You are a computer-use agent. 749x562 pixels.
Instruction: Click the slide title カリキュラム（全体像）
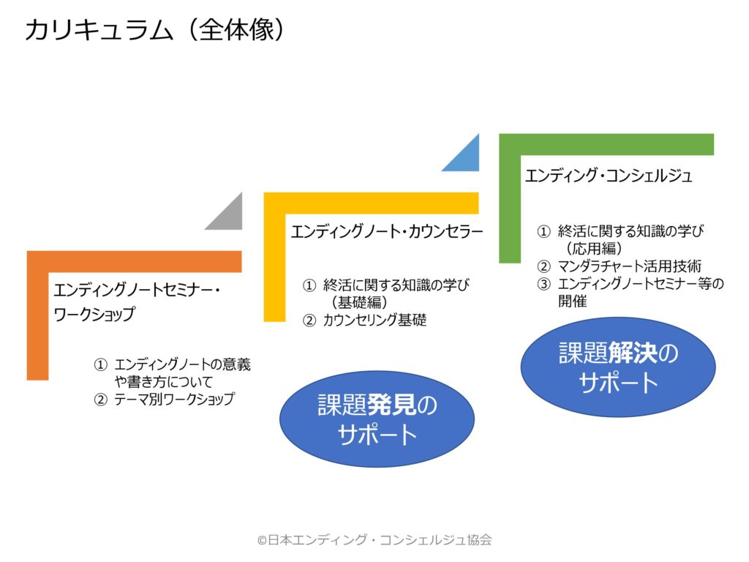(x=155, y=30)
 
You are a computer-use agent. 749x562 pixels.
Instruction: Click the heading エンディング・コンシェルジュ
(x=609, y=176)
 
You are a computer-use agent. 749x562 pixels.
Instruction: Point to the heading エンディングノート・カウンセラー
(x=387, y=232)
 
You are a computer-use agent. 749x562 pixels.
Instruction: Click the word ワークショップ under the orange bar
(x=94, y=314)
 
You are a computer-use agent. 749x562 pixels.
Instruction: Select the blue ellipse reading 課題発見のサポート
(x=377, y=419)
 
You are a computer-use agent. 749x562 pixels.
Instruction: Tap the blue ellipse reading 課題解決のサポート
(x=618, y=367)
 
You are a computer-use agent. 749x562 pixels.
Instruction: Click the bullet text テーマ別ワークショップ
(x=174, y=399)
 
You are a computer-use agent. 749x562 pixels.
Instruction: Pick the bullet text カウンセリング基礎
(x=374, y=321)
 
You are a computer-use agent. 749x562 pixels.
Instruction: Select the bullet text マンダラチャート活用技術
(x=630, y=266)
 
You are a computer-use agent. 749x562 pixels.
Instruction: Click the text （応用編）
(x=595, y=249)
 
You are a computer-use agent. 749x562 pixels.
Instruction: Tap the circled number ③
(x=543, y=285)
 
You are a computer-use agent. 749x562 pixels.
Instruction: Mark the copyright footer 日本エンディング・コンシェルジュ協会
(x=374, y=540)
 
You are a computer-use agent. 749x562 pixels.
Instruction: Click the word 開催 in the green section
(x=572, y=301)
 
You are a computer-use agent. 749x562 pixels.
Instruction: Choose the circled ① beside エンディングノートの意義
(x=100, y=365)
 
